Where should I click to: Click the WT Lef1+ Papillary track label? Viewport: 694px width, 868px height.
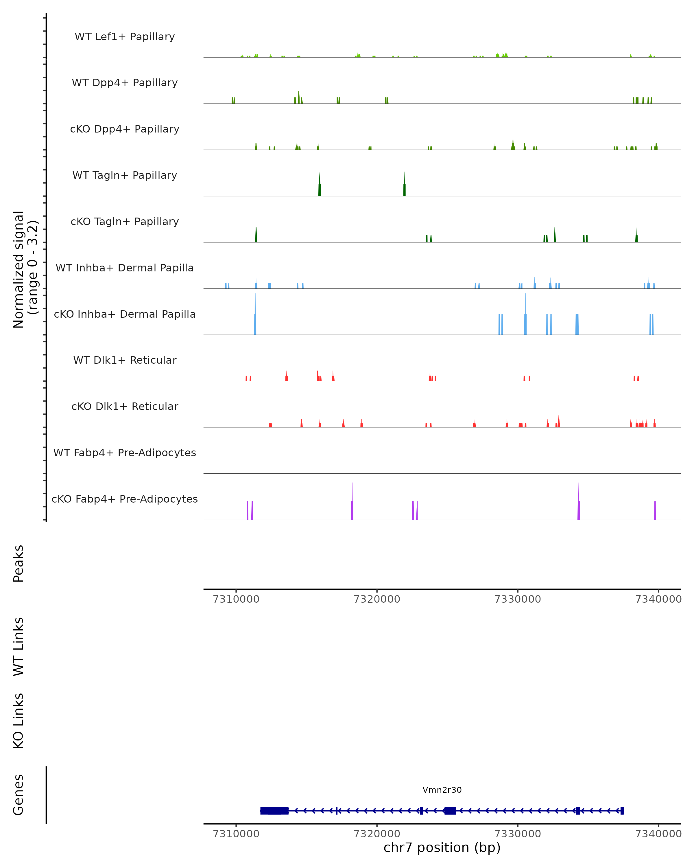[x=125, y=37]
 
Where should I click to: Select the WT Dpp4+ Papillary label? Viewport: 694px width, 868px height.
[x=125, y=83]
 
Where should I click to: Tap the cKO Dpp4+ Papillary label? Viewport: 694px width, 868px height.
[x=125, y=129]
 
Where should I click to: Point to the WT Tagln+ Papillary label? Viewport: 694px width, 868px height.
[x=125, y=176]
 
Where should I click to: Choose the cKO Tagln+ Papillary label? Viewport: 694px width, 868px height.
[x=125, y=222]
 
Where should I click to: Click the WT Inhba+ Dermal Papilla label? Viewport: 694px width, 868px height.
[x=125, y=268]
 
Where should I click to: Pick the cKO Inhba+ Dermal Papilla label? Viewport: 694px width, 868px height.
[x=125, y=315]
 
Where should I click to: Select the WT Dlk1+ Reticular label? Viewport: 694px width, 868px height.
[x=125, y=360]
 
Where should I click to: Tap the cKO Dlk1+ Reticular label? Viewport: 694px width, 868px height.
[x=125, y=407]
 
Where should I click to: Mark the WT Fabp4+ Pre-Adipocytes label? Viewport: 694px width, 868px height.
[x=125, y=453]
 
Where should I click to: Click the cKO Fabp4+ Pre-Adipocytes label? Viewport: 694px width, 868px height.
[x=125, y=499]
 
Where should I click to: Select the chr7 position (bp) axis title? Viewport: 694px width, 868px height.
[x=442, y=848]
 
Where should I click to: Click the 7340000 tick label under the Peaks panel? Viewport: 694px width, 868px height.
[x=658, y=599]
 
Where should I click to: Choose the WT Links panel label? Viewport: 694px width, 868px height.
[x=19, y=647]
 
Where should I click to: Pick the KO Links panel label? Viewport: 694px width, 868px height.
[x=19, y=721]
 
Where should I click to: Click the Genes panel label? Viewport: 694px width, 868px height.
[x=19, y=795]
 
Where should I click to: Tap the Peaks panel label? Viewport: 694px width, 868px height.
[x=19, y=564]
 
